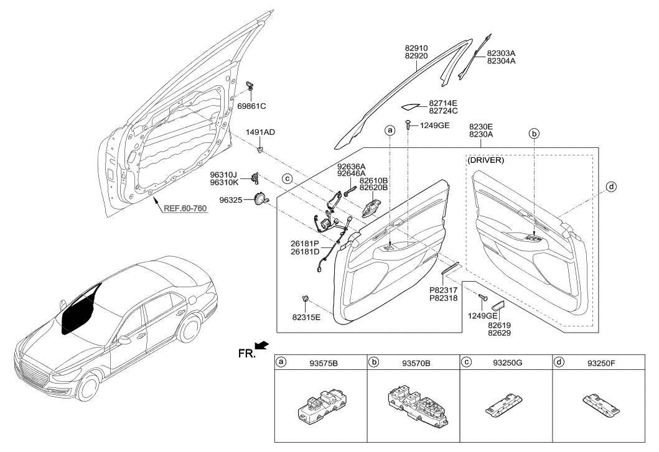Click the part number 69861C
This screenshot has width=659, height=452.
[252, 106]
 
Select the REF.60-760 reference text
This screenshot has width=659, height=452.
[185, 209]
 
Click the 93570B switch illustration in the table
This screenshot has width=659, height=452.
[413, 407]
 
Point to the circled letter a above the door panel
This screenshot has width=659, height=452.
[390, 131]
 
